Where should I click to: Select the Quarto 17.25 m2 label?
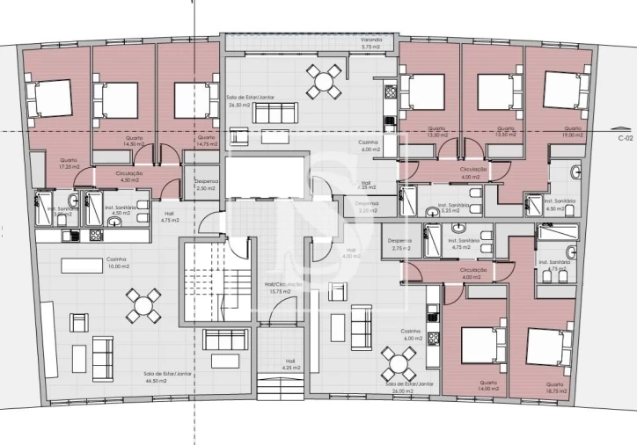coord(44,163)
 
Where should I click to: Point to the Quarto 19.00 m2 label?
coord(572,132)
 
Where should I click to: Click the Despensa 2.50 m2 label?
coord(206,185)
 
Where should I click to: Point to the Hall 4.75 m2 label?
coord(170,217)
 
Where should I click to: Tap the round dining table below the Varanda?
coord(324,81)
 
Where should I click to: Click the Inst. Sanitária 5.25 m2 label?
coord(457,208)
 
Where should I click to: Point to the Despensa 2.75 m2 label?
coord(400,245)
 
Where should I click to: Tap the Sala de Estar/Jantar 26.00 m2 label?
coord(407,386)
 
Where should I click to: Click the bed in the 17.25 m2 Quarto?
coord(50,98)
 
